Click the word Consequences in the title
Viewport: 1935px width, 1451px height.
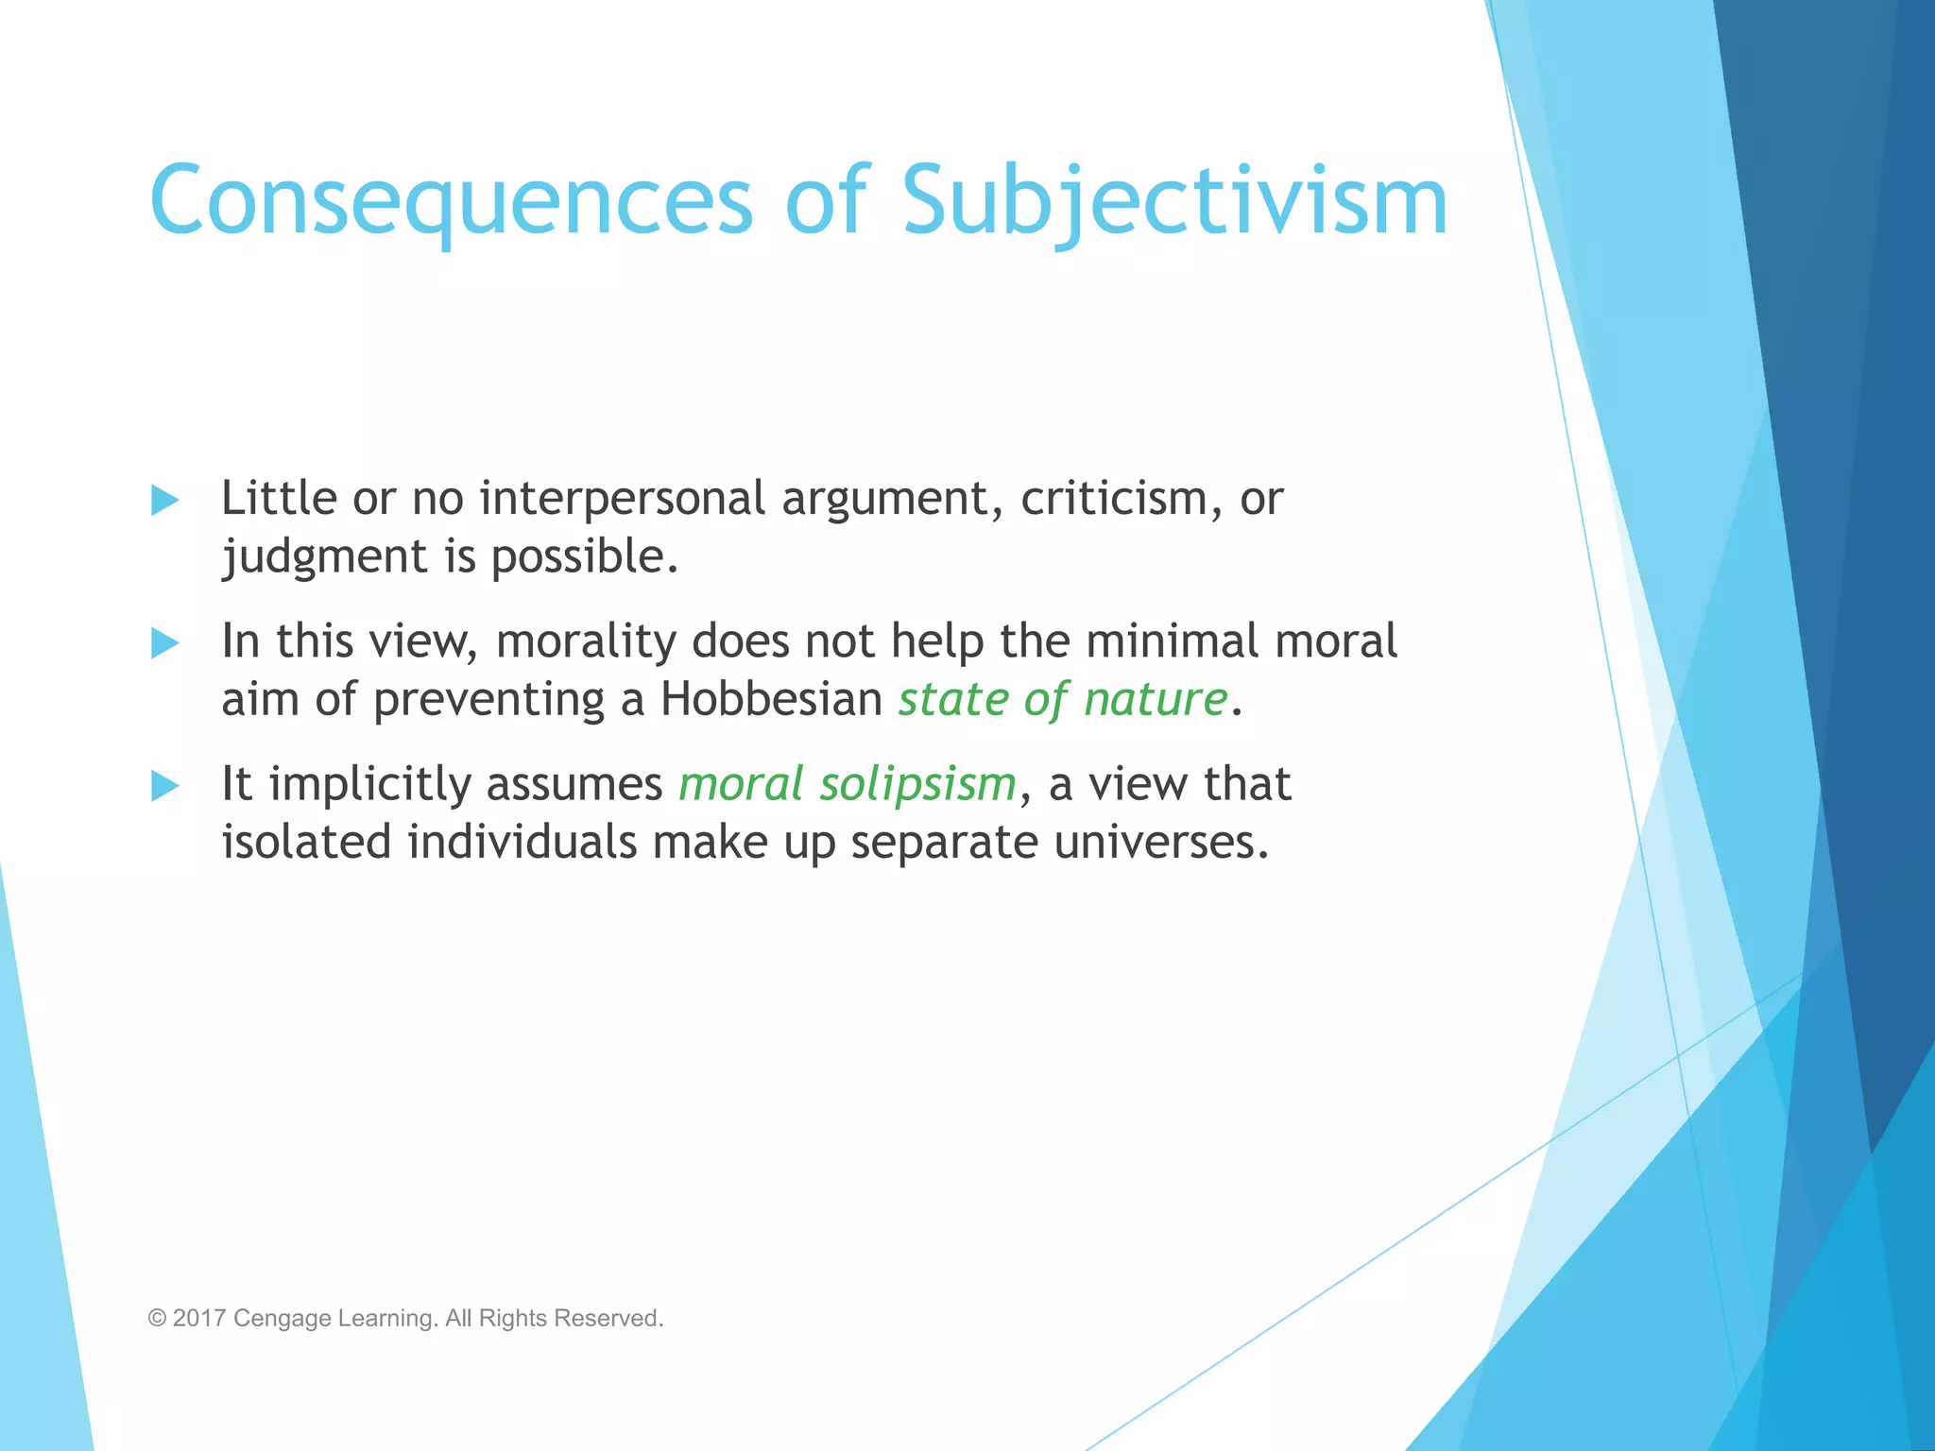[451, 200]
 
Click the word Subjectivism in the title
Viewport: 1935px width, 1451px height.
[1174, 200]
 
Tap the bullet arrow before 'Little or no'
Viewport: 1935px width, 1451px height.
[164, 500]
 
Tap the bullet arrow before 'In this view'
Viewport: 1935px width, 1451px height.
[164, 643]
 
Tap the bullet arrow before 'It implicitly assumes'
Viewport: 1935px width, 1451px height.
[164, 786]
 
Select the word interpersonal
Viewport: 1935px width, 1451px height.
[622, 499]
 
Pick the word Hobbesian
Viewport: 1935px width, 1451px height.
[771, 700]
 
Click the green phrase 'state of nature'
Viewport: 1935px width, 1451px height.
[1062, 700]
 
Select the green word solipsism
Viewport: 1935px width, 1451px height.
[916, 785]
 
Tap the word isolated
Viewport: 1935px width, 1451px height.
[306, 843]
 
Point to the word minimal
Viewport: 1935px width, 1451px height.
[1172, 641]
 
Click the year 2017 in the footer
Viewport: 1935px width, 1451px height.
[198, 1318]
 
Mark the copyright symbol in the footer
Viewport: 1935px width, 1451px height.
[157, 1318]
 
